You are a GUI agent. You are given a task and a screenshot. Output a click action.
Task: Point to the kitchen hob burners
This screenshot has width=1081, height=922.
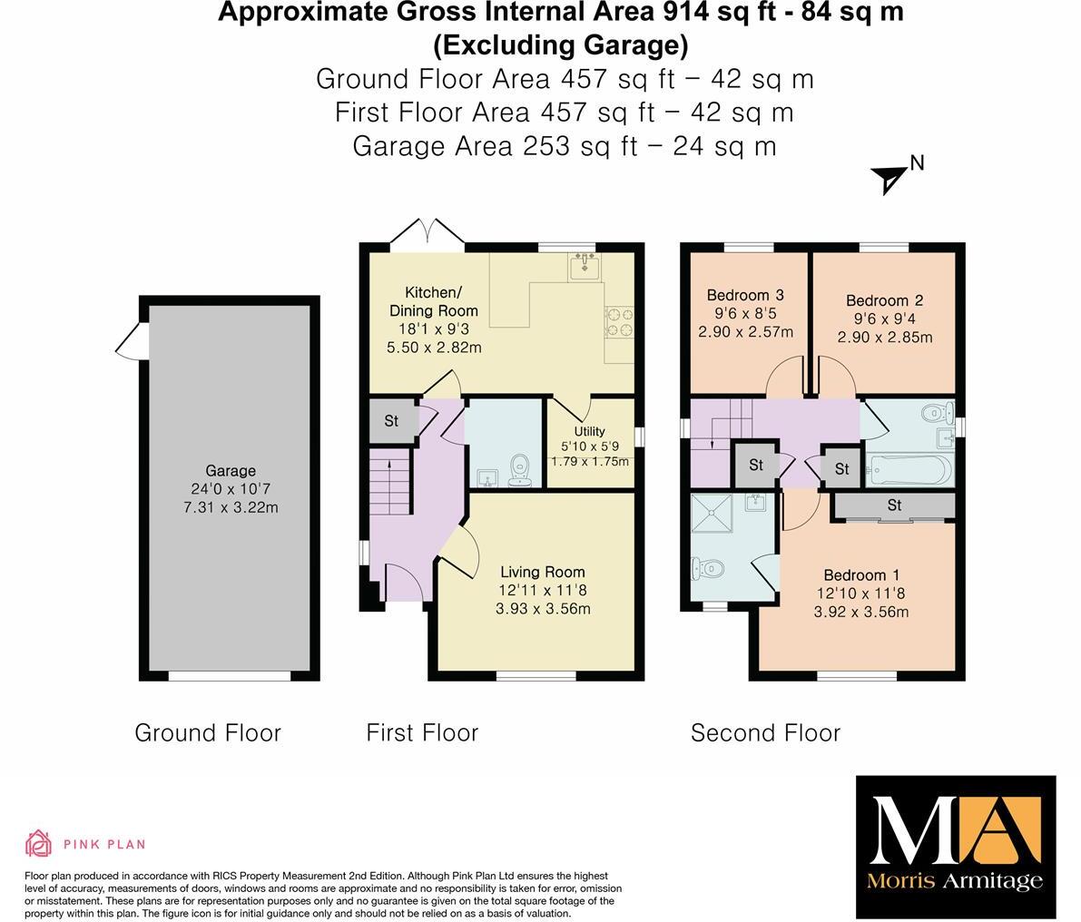pyautogui.click(x=620, y=321)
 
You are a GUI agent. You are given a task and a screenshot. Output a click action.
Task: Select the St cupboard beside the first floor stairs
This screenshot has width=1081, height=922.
pyautogui.click(x=391, y=421)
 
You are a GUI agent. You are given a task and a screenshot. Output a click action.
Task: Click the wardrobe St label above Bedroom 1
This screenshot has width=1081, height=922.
pyautogui.click(x=894, y=505)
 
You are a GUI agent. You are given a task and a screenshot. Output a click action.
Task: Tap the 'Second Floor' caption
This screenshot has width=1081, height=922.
pyautogui.click(x=765, y=732)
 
